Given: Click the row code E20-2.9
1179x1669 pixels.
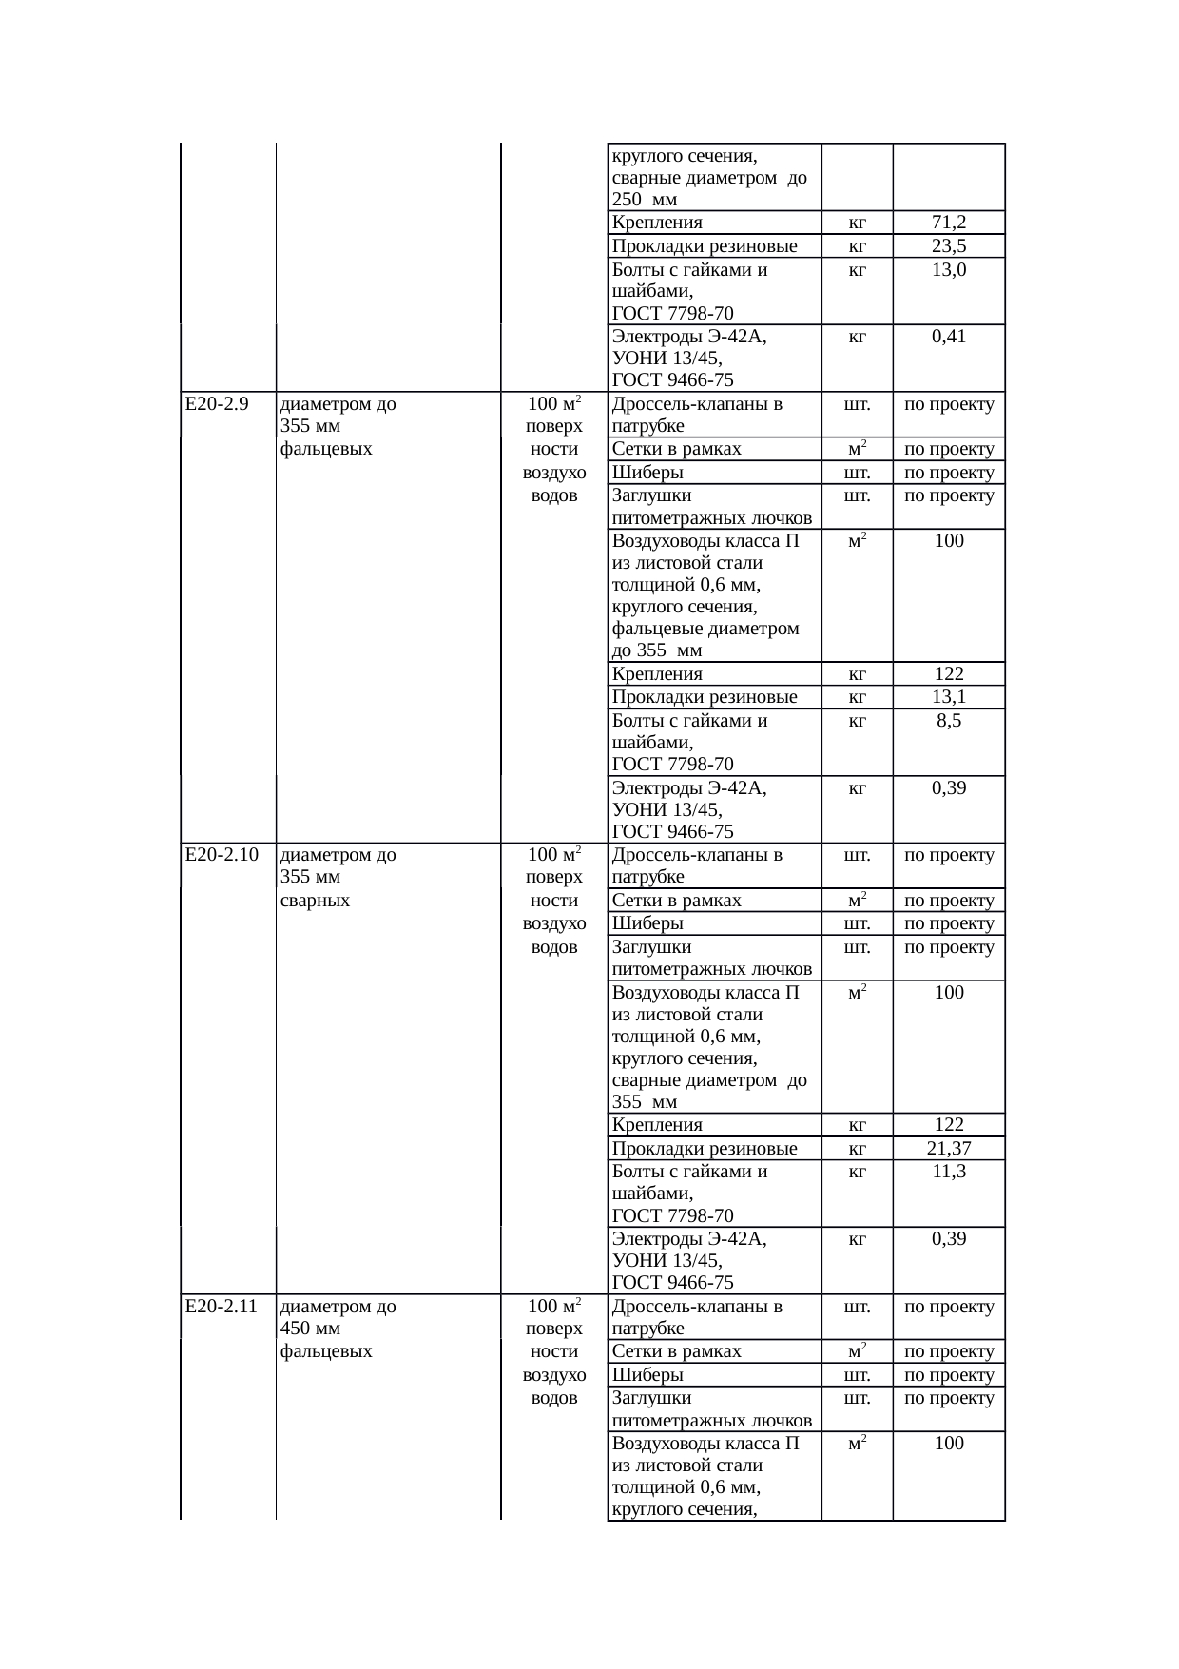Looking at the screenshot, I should pos(217,403).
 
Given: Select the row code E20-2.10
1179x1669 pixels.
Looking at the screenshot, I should pos(222,854).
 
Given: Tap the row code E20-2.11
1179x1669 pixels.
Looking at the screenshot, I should pos(222,1306).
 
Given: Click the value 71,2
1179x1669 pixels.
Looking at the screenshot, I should pos(949,223).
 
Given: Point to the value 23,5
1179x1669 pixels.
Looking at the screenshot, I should pos(949,246).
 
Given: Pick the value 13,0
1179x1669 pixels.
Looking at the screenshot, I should pos(949,269).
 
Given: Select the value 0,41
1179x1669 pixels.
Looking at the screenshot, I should pos(949,336).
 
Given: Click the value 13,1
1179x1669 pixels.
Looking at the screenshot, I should pos(949,697).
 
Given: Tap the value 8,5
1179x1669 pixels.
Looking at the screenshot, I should pos(949,720).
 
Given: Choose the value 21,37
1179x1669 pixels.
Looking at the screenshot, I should pos(949,1148).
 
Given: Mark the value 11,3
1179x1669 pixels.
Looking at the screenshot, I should pos(949,1171).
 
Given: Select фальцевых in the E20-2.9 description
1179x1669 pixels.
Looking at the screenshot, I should pos(326,448).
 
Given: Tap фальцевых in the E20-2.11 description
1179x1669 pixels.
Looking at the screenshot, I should pos(326,1350).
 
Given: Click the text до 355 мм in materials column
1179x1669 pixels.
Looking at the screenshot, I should pos(657,650).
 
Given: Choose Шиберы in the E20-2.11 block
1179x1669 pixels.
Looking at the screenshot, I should pos(647,1374).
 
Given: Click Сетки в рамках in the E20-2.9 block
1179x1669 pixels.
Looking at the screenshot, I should pos(676,449).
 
